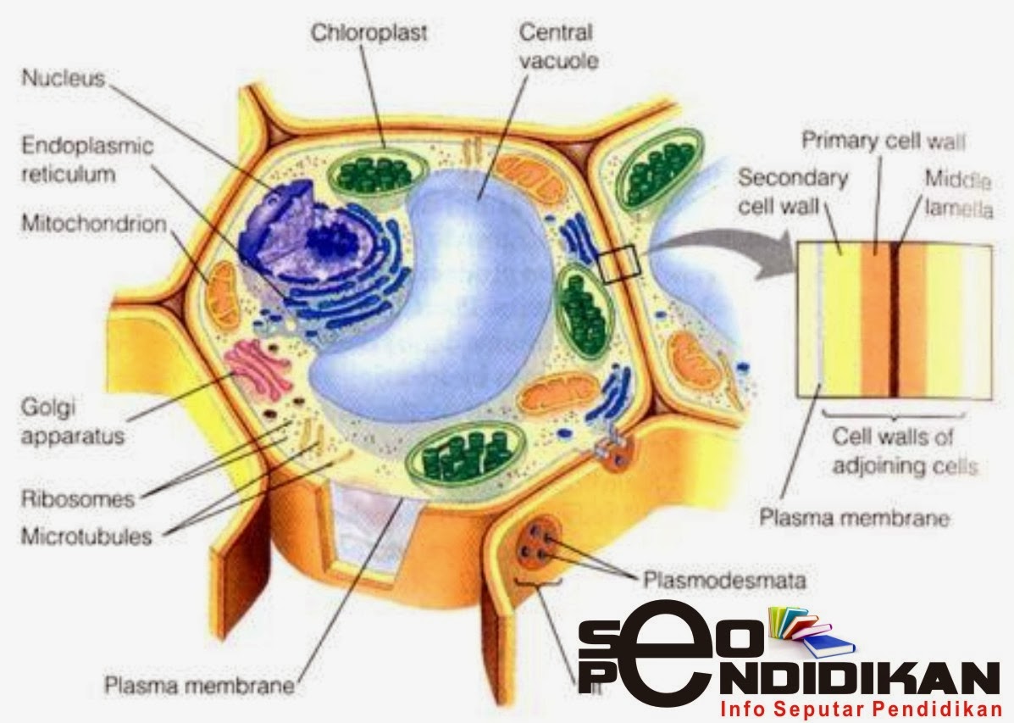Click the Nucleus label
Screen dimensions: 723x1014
(x=63, y=79)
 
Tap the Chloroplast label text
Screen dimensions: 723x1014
(x=368, y=33)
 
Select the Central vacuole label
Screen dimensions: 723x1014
(x=557, y=47)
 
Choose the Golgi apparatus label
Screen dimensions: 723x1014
(x=72, y=423)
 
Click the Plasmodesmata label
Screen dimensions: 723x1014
(x=723, y=581)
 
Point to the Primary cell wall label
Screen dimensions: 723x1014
(x=883, y=141)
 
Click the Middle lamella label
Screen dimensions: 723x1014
(x=958, y=191)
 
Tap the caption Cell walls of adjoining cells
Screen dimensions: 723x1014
(x=904, y=451)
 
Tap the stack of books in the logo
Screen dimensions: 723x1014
(x=806, y=632)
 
